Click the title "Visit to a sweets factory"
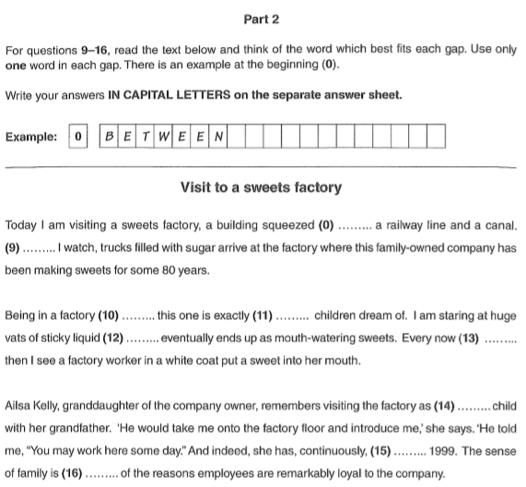pos(262,188)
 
